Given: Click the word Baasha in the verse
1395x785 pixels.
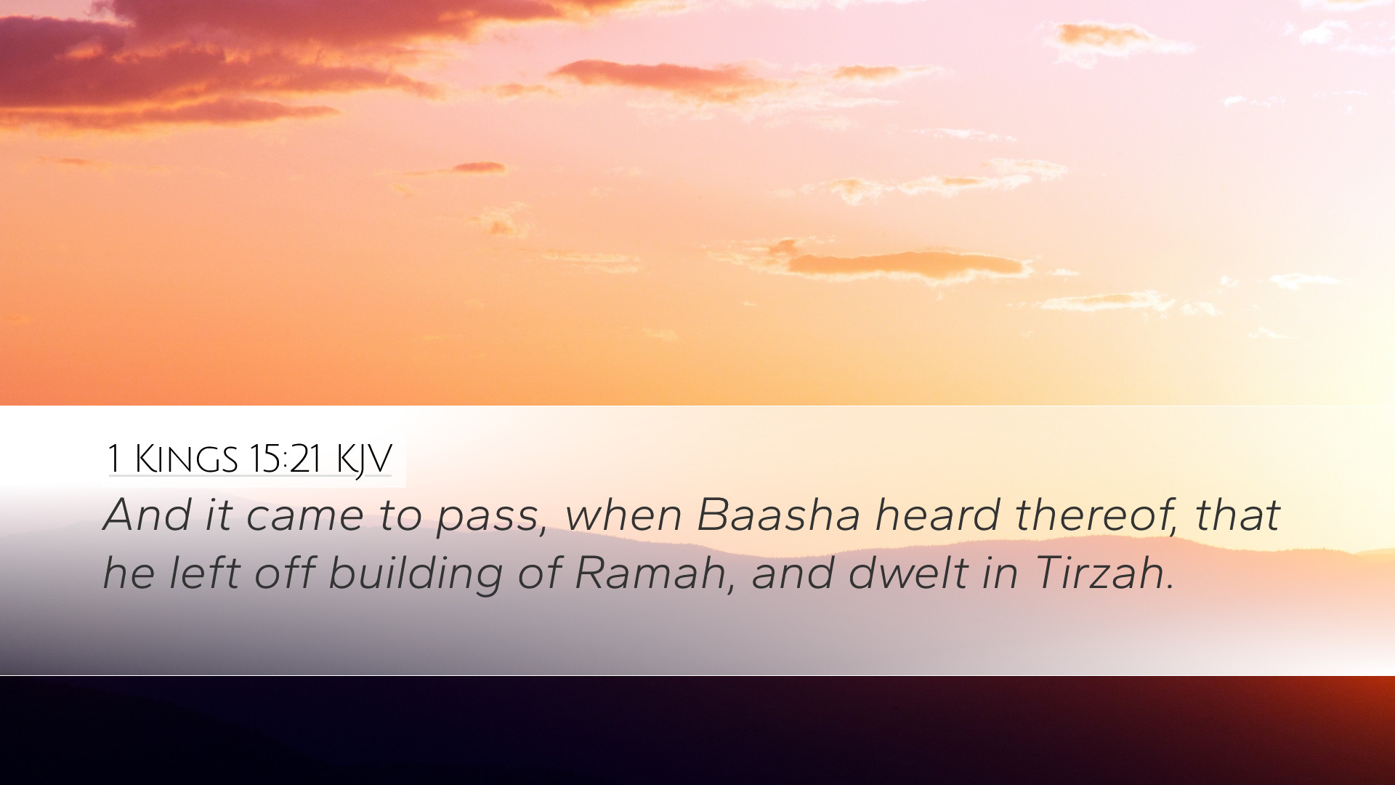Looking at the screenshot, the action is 778,515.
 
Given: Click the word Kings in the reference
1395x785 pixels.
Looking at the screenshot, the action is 187,459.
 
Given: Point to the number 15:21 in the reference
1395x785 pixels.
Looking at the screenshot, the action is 285,459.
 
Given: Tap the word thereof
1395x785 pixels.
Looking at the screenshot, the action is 1093,515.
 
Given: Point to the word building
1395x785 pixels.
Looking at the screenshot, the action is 416,574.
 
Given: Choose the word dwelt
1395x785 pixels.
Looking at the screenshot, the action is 908,573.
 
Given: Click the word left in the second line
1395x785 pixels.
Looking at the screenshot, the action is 204,573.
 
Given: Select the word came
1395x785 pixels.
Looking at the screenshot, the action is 304,518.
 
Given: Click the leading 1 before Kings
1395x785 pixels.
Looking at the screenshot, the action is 114,459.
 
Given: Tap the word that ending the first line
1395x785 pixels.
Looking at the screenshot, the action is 1237,515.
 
